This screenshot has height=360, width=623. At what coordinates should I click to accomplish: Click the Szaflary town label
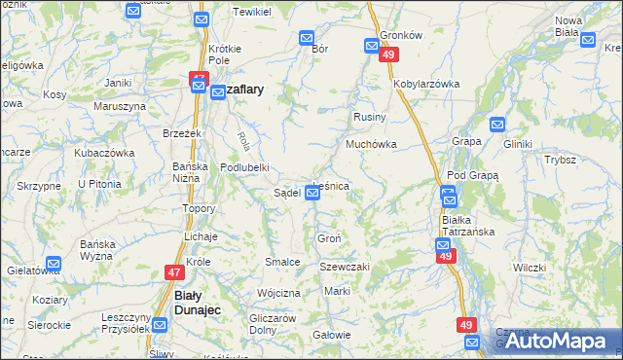[238, 88]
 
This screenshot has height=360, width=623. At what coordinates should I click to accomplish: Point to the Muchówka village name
[369, 144]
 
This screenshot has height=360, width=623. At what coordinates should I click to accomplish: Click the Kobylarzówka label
[426, 84]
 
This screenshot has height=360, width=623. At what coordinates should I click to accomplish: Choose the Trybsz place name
[561, 160]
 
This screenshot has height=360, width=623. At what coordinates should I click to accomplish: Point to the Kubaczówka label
[104, 153]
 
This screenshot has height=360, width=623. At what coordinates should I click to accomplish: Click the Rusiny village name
[370, 117]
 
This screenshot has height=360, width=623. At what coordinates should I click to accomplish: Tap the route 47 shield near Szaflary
[199, 77]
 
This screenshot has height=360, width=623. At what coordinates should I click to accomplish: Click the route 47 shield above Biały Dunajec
[173, 273]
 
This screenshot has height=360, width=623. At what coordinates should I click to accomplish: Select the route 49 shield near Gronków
[388, 56]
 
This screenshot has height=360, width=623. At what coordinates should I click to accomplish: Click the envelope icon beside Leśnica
[311, 194]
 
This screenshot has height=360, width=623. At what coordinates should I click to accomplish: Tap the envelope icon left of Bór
[307, 39]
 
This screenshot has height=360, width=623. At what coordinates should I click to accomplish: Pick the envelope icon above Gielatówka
[54, 263]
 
